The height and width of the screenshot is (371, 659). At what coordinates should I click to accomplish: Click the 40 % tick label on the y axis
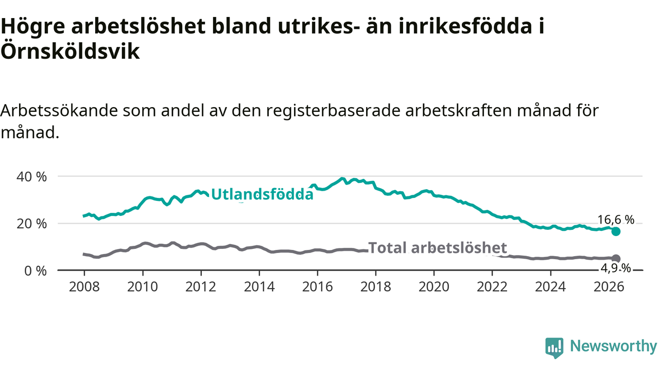[x=31, y=177]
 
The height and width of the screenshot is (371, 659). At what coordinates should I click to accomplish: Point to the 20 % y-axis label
[x=31, y=224]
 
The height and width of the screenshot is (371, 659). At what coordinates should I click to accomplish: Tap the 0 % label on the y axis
[x=36, y=271]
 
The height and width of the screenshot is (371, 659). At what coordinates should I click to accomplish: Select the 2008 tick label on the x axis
[x=84, y=286]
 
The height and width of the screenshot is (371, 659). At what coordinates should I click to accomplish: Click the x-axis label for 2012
[x=201, y=286]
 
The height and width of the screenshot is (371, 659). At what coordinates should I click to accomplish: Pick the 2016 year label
[x=318, y=286]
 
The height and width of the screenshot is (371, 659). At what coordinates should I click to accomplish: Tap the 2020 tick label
[x=434, y=286]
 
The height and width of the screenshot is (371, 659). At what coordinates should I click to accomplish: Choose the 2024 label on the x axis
[x=550, y=286]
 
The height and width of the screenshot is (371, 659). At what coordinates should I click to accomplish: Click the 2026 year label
[x=609, y=286]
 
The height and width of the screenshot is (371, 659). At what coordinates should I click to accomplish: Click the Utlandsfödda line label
[x=262, y=194]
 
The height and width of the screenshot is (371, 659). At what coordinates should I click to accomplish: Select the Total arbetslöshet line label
[x=438, y=247]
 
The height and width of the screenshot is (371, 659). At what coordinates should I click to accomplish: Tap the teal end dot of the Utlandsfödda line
[x=616, y=232]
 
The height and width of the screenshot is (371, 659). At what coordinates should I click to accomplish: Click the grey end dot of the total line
[x=616, y=259]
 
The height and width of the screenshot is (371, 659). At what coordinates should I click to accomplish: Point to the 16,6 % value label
[x=616, y=220]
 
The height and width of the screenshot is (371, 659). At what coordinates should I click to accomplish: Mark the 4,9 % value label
[x=616, y=268]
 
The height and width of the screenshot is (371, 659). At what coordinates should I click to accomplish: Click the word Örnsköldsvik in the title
[x=70, y=52]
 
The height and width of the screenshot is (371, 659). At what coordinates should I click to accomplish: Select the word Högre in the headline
[x=32, y=26]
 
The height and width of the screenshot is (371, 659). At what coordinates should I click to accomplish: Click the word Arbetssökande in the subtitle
[x=59, y=111]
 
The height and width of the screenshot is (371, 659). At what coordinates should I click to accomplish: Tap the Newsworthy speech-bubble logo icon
[x=554, y=348]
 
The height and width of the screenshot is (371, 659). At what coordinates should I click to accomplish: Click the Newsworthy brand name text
[x=613, y=346]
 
